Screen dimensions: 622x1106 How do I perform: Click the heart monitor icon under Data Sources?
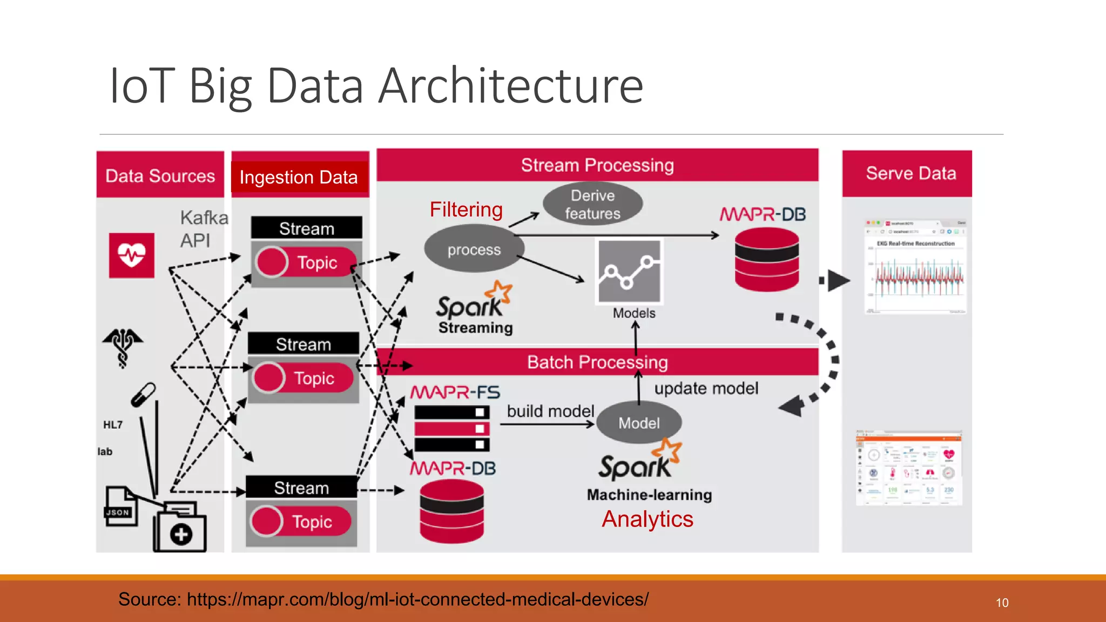tap(131, 255)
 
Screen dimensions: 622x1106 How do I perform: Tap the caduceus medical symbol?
tap(123, 347)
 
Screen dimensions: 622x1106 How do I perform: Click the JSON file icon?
tap(120, 506)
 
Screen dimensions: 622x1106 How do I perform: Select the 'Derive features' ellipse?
tap(592, 205)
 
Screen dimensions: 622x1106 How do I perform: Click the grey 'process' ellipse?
tap(474, 249)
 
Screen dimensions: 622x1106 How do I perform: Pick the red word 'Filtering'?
tap(466, 209)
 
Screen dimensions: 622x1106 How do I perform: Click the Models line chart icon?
tap(629, 272)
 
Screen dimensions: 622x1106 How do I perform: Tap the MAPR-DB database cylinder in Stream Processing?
tap(766, 260)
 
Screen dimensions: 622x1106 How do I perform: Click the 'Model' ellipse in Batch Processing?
tap(639, 423)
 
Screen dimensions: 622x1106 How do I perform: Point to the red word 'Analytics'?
tap(647, 519)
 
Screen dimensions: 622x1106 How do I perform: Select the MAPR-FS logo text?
tap(455, 392)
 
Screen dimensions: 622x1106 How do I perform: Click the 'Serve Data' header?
tap(911, 173)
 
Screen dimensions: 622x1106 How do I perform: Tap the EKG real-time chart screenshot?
tap(916, 267)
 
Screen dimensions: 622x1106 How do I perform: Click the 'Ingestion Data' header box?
tap(299, 177)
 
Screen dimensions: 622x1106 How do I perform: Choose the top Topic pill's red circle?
tap(272, 262)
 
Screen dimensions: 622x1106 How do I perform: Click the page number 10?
tap(1002, 603)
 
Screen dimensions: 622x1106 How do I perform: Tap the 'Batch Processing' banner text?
tap(597, 362)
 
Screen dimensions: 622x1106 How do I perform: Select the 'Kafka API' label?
tap(203, 229)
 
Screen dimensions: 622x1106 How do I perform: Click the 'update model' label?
tap(706, 388)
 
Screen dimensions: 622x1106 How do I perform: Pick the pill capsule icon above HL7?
tap(144, 395)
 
